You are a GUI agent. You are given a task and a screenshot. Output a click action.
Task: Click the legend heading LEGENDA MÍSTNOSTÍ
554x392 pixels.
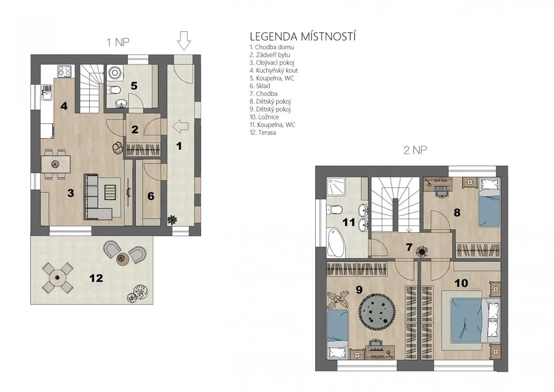pyautogui.click(x=303, y=37)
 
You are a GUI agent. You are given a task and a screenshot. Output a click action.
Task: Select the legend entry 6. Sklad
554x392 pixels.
pyautogui.click(x=260, y=86)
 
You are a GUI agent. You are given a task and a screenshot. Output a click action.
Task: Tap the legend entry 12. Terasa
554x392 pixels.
pyautogui.click(x=263, y=133)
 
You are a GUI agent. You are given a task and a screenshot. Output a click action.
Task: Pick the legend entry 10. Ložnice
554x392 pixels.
pyautogui.click(x=264, y=117)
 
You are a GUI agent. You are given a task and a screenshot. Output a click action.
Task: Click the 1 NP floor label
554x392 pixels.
pyautogui.click(x=118, y=43)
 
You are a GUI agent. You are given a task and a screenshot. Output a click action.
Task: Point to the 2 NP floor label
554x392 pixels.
pyautogui.click(x=415, y=150)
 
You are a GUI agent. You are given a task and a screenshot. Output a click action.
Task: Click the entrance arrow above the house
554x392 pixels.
pyautogui.click(x=184, y=40)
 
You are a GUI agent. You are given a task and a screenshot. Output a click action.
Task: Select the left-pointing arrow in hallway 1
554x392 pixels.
pyautogui.click(x=180, y=126)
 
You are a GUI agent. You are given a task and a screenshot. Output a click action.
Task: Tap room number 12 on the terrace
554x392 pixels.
pyautogui.click(x=96, y=278)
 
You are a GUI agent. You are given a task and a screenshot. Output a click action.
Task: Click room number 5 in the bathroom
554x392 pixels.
pyautogui.click(x=134, y=85)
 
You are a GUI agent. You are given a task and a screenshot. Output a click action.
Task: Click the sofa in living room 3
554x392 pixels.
pyautogui.click(x=98, y=196)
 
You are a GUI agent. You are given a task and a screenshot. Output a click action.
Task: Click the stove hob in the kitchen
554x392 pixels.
pyautogui.click(x=65, y=71)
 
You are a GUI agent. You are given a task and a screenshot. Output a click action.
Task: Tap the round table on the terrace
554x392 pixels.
pyautogui.click(x=58, y=278)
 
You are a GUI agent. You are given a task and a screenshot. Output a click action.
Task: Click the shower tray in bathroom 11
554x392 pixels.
pyautogui.click(x=336, y=186)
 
